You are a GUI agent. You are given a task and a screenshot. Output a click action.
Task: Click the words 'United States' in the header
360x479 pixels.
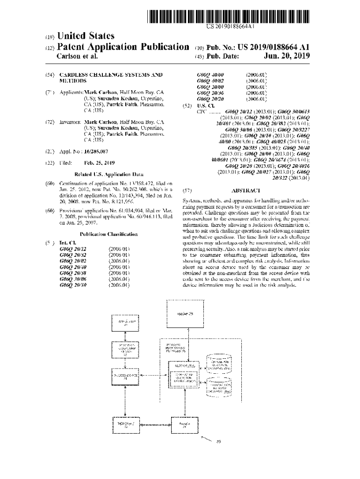(85, 36)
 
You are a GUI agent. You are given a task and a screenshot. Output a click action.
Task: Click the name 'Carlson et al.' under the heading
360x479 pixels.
(77, 57)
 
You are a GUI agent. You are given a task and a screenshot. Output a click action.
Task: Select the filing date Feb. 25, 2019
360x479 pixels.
(99, 163)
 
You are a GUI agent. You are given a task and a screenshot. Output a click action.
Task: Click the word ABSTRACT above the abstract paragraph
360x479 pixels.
(245, 191)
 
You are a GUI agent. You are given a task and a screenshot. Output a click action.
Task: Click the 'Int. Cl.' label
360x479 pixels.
(68, 243)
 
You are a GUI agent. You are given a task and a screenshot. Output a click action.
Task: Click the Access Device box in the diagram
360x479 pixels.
(125, 376)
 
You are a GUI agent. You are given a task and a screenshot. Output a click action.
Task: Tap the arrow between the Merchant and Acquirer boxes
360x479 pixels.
(156, 424)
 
